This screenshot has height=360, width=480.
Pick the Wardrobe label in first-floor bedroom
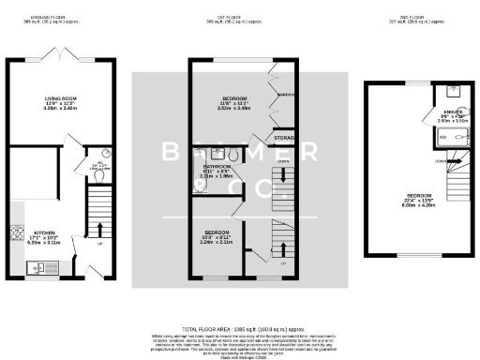point(287,95)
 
